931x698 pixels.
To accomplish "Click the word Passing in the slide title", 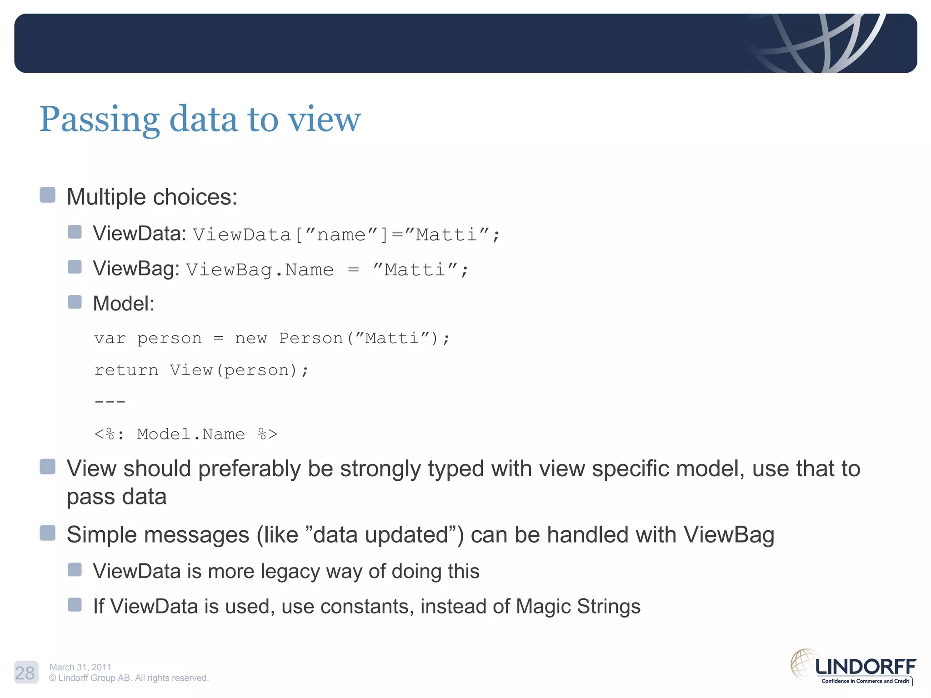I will click(99, 120).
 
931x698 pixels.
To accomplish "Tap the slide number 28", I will click(25, 673).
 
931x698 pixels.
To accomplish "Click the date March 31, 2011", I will click(80, 667).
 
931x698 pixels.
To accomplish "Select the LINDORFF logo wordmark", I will click(866, 667).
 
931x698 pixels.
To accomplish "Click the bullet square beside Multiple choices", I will click(48, 195).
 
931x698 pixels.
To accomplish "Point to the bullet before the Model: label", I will click(75, 302).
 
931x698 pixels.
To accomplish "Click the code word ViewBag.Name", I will click(260, 270).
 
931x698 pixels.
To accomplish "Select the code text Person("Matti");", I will click(364, 339).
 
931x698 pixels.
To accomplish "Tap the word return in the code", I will click(126, 370).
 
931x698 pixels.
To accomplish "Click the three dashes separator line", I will click(110, 402).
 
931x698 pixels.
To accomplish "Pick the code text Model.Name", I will click(191, 434).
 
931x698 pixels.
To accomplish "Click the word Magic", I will click(543, 607).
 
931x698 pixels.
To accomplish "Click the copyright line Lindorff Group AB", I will click(129, 678).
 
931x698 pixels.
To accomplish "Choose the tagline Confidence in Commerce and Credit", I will click(865, 681).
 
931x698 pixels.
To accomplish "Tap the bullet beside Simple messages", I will click(48, 533).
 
